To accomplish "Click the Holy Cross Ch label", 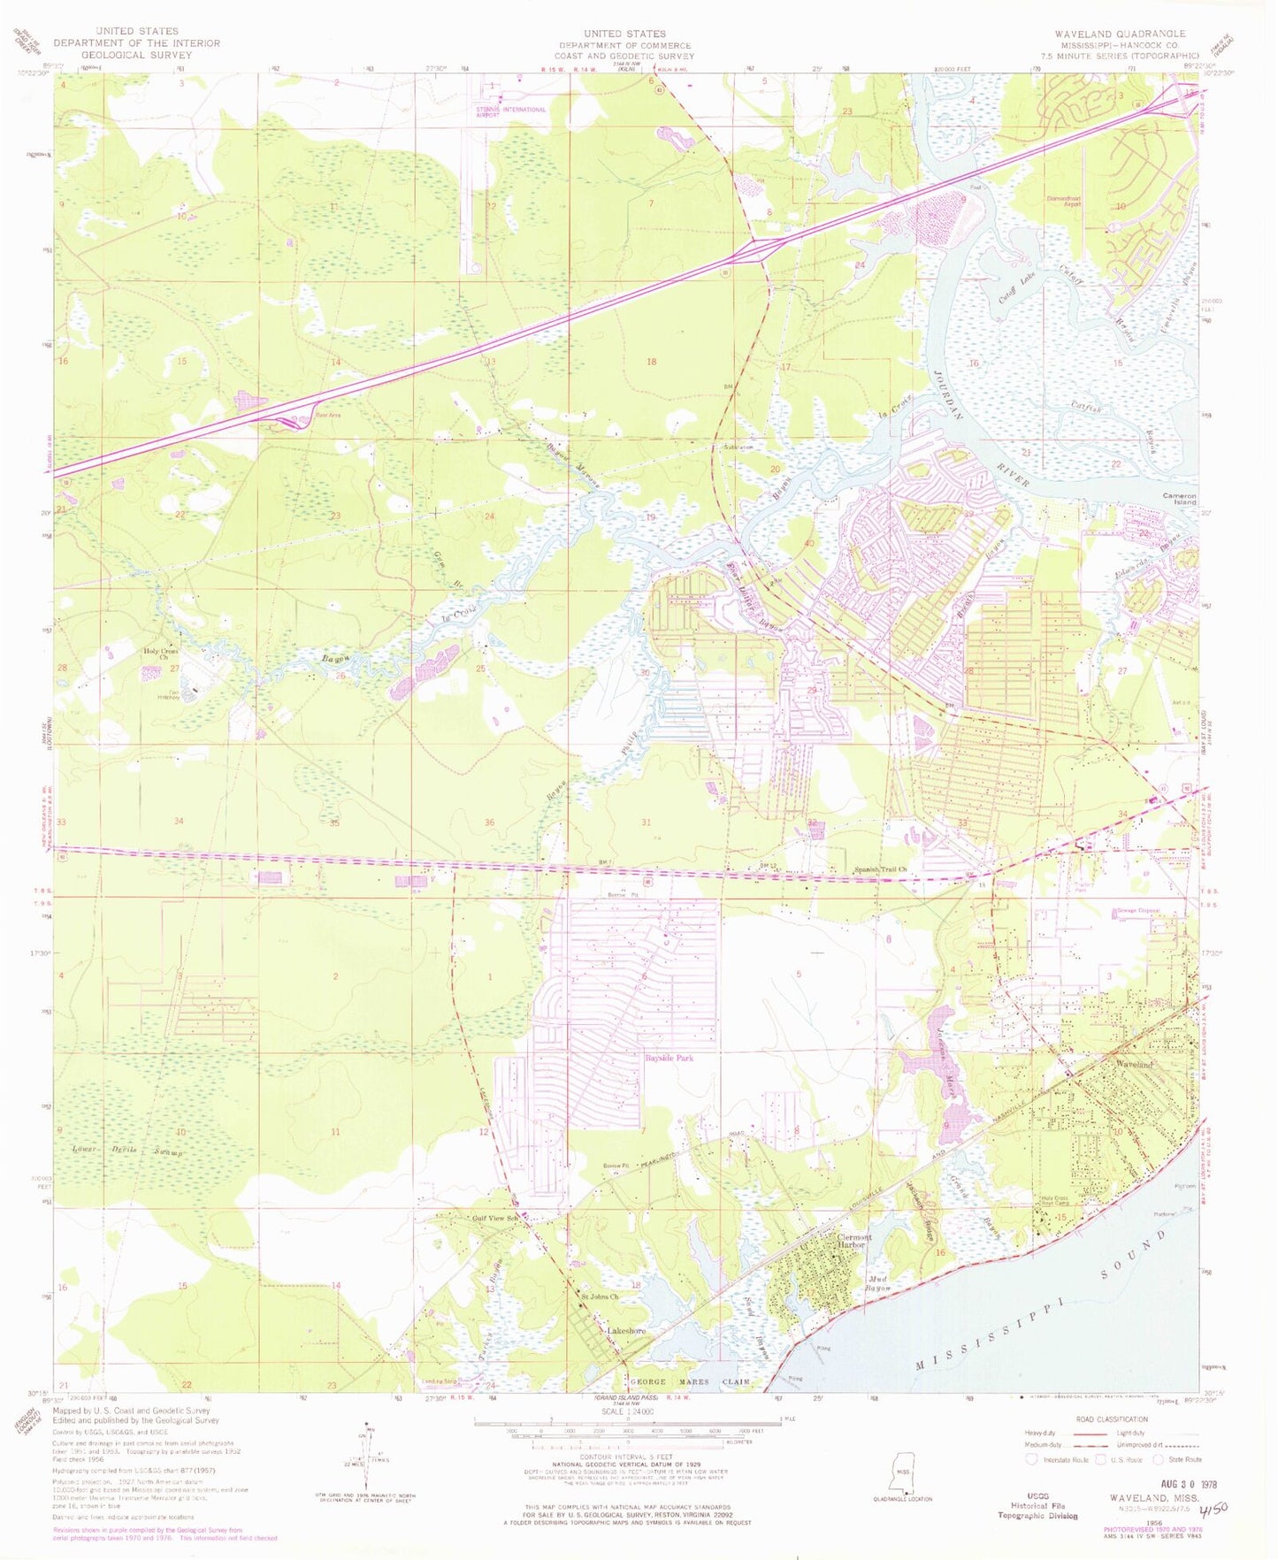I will pyautogui.click(x=162, y=654).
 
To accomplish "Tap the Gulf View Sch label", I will pyautogui.click(x=493, y=1218).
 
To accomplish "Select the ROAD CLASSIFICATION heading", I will pyautogui.click(x=1111, y=1420).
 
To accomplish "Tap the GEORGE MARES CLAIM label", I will pyautogui.click(x=689, y=1381).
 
